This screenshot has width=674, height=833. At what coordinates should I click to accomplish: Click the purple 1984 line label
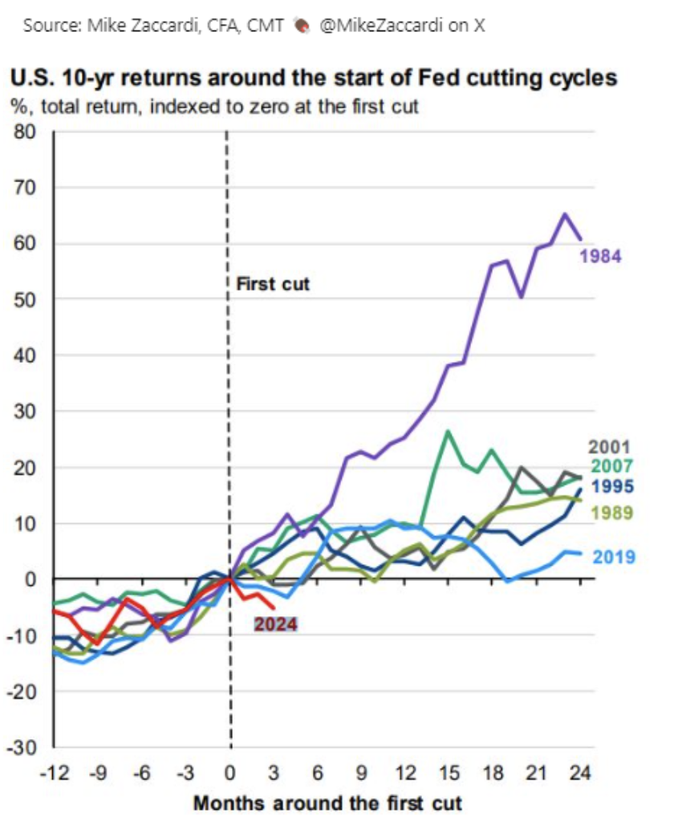tap(601, 257)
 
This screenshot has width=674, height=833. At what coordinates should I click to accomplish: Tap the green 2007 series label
tap(612, 466)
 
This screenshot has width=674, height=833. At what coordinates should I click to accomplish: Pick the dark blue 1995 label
tap(612, 486)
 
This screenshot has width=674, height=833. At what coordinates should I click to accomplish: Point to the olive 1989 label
tap(612, 514)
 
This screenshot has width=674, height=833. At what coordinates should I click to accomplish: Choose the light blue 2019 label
tap(615, 558)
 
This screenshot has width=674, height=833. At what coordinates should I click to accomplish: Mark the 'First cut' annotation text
tap(273, 284)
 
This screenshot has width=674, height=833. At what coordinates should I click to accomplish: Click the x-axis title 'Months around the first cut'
tap(327, 803)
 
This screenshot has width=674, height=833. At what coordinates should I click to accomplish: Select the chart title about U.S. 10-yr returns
tap(313, 79)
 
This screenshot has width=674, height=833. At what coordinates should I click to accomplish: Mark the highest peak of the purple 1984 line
tap(565, 214)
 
